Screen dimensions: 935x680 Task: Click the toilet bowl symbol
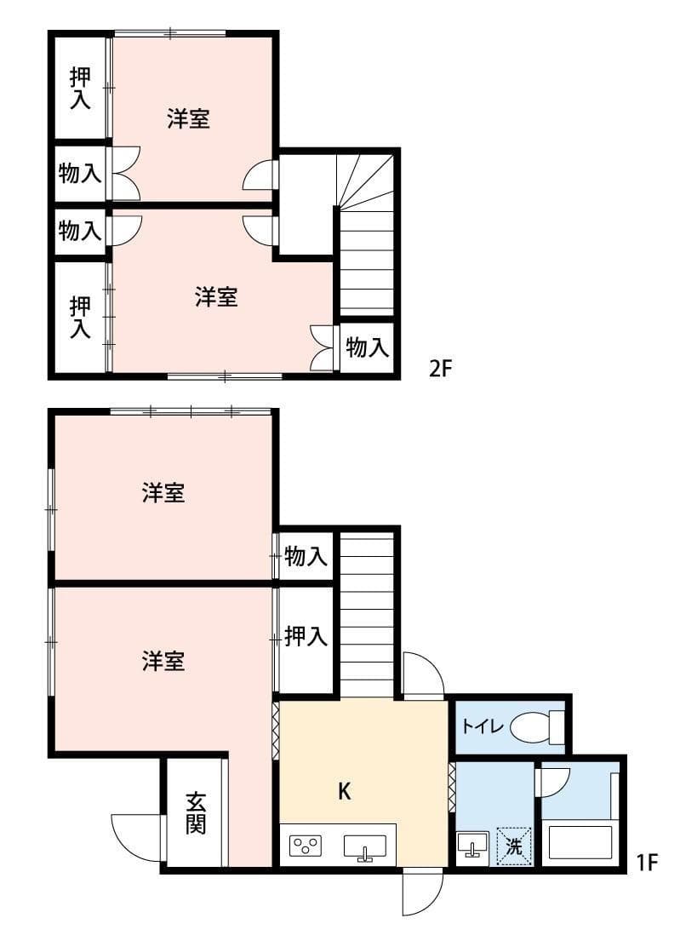[531, 727]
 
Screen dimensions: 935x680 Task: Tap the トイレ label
[483, 727]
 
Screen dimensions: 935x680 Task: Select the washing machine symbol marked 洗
[514, 846]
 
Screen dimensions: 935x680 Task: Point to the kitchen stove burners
[306, 846]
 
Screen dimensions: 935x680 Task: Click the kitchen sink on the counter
[364, 846]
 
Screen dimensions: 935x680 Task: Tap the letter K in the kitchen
[344, 791]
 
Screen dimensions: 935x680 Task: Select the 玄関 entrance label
[197, 812]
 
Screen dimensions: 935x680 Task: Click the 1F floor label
[649, 863]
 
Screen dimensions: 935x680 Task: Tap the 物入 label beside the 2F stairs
[368, 347]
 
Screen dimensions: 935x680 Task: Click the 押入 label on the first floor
[306, 636]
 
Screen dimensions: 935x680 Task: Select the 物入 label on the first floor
[306, 557]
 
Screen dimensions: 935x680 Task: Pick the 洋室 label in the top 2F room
[188, 119]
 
